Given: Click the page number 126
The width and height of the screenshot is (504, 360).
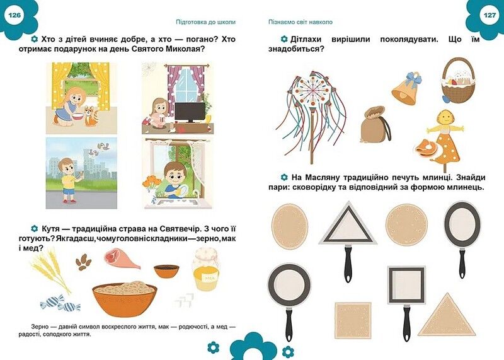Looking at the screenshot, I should [x=14, y=14].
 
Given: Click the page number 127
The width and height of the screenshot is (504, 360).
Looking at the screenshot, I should [x=490, y=14].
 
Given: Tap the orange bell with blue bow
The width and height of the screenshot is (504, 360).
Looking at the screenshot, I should [x=404, y=88].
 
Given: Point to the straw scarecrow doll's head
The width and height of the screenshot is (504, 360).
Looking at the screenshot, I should [x=444, y=117].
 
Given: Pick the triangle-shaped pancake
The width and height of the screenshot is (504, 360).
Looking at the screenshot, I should [x=447, y=315].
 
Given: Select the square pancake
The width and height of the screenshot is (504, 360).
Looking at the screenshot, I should [x=352, y=320].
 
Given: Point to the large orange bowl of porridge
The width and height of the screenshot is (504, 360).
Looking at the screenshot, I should [x=124, y=298].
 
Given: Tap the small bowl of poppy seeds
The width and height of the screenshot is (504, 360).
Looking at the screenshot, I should [x=166, y=270].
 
